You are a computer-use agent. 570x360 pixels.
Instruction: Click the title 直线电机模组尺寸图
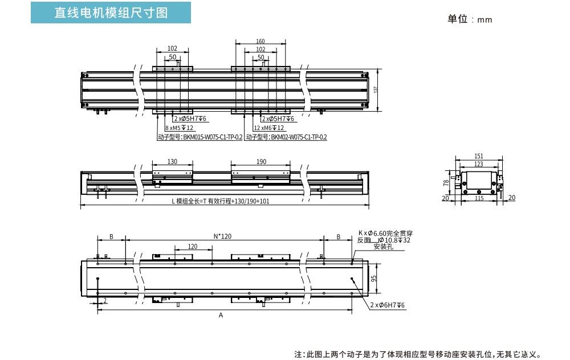tap(111, 13)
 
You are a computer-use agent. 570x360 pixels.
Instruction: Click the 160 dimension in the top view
tap(260, 42)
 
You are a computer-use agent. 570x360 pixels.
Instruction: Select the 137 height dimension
tap(376, 90)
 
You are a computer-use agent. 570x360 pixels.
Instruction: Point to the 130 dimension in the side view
tap(173, 162)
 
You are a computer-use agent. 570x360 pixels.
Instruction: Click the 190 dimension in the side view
tap(261, 162)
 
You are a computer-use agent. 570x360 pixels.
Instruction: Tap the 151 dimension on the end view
tap(479, 156)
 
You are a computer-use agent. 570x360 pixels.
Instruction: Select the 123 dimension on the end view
tap(479, 163)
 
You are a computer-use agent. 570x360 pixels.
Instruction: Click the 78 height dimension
tap(446, 183)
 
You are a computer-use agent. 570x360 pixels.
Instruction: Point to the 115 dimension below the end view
tap(479, 198)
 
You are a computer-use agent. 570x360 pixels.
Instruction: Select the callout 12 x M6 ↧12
tap(268, 128)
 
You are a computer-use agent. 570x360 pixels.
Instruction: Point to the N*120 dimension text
tap(222, 236)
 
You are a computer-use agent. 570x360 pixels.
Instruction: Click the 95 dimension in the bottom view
tap(374, 279)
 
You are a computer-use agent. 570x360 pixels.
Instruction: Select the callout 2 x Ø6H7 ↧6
tap(388, 306)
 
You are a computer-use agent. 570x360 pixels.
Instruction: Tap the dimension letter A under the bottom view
tap(221, 315)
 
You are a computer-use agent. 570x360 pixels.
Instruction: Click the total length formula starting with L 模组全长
tap(221, 201)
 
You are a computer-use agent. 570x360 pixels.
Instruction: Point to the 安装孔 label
tap(383, 247)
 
